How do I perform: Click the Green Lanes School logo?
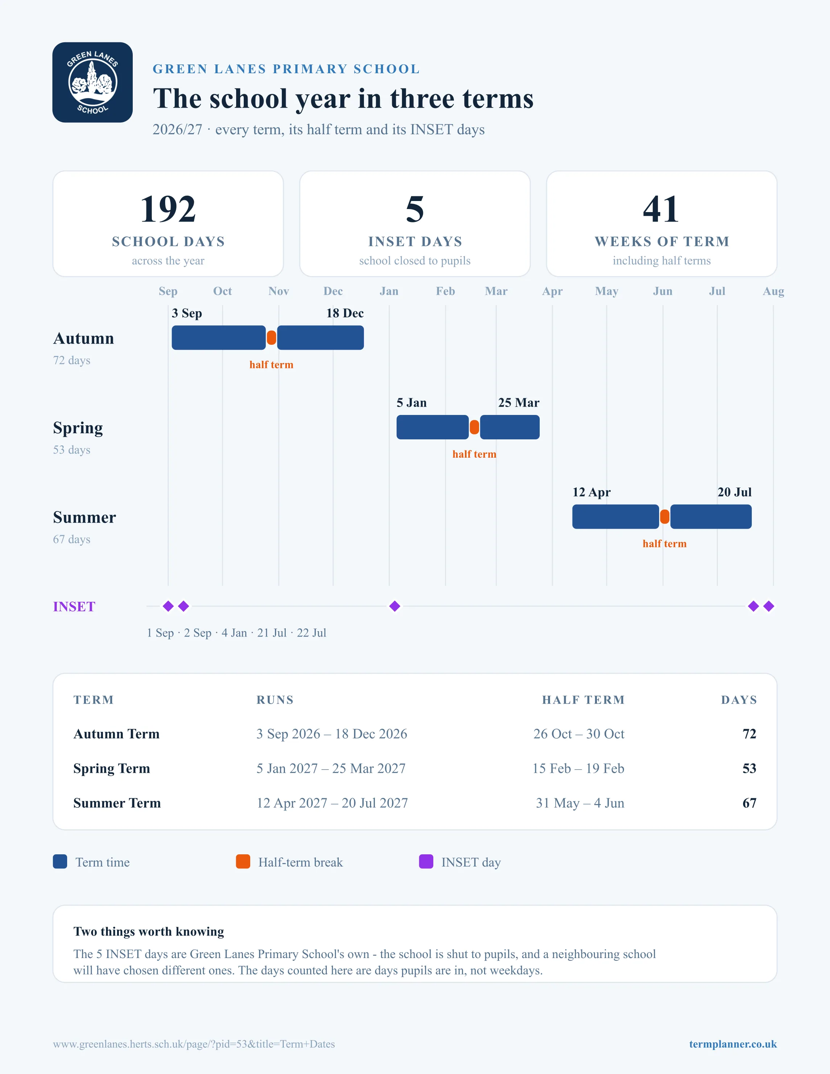click(x=92, y=82)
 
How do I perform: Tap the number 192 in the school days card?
click(x=168, y=209)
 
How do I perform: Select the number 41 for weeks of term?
click(x=661, y=209)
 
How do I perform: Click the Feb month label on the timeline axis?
click(x=446, y=291)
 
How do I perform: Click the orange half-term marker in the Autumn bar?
click(x=272, y=338)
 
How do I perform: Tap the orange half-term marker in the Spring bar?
click(x=475, y=427)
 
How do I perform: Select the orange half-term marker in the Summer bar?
click(x=665, y=517)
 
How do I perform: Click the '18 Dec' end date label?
click(x=345, y=313)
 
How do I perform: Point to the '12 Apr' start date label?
click(x=592, y=492)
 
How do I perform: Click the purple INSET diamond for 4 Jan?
click(x=395, y=606)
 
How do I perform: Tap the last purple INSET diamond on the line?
click(x=769, y=606)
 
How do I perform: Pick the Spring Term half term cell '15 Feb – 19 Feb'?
click(x=578, y=769)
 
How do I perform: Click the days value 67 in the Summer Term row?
click(x=750, y=803)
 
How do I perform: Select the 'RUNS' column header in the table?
click(x=275, y=700)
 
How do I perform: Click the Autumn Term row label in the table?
click(x=117, y=734)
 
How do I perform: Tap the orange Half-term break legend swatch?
click(x=243, y=862)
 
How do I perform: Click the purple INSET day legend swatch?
click(x=426, y=862)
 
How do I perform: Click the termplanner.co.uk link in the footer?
click(x=733, y=1044)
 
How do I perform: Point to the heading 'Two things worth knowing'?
click(x=148, y=931)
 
